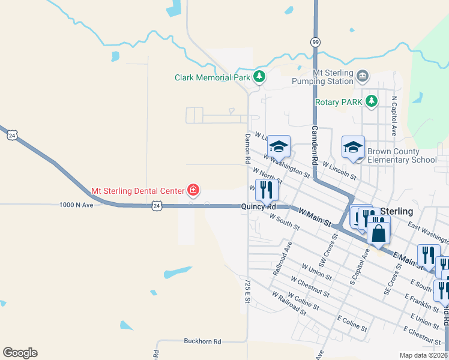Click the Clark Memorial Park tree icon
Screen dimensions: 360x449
pos(259,76)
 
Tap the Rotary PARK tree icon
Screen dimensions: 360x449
pos(372,101)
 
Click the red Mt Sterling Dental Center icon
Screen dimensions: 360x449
pos(193,191)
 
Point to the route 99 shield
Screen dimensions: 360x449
pos(315,41)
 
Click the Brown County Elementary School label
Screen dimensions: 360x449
pos(402,156)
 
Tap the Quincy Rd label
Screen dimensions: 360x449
pos(258,207)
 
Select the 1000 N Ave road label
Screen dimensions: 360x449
pos(76,205)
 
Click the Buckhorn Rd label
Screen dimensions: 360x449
pos(202,341)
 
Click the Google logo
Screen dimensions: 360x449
pos(20,353)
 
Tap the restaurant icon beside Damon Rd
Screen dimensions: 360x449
pos(266,190)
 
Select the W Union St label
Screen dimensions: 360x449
pos(316,271)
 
